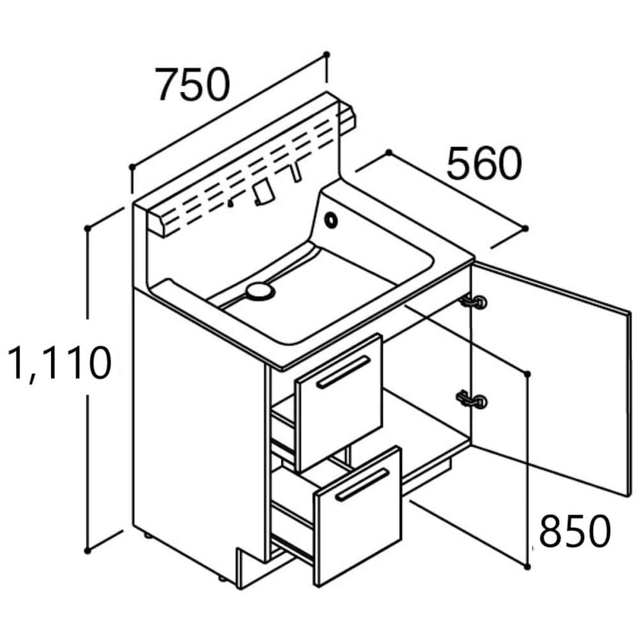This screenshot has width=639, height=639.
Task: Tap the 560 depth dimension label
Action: pyautogui.click(x=484, y=164)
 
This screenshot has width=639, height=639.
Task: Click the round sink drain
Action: pyautogui.click(x=260, y=291)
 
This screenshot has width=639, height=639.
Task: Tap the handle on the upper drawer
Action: pyautogui.click(x=344, y=372)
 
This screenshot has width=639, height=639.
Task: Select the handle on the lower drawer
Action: pyautogui.click(x=362, y=483)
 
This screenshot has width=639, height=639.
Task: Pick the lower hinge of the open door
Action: pyautogui.click(x=471, y=400)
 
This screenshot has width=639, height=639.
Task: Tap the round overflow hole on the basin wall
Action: pyautogui.click(x=332, y=219)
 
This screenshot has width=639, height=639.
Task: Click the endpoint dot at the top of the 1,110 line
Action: pyautogui.click(x=88, y=227)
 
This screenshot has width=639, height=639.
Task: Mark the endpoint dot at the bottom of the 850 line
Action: pyautogui.click(x=527, y=566)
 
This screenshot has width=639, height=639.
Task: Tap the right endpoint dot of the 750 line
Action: pyautogui.click(x=327, y=54)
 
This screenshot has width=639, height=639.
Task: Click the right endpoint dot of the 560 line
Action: pyautogui.click(x=525, y=228)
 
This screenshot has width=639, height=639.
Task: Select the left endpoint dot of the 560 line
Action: pyautogui.click(x=388, y=152)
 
